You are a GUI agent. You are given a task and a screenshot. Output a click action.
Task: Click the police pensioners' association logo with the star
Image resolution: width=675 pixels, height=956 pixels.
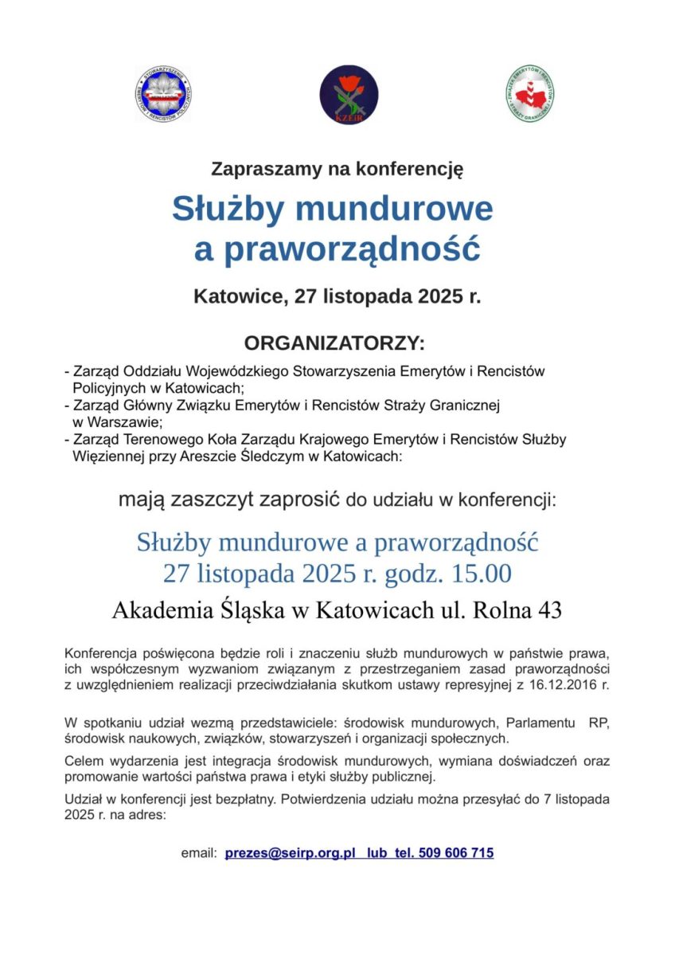(x=162, y=94)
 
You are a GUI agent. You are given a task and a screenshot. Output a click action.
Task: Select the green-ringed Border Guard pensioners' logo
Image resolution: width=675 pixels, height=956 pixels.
(x=530, y=94)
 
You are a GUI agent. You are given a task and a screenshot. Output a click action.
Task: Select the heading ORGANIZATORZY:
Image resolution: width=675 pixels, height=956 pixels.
(x=334, y=343)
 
